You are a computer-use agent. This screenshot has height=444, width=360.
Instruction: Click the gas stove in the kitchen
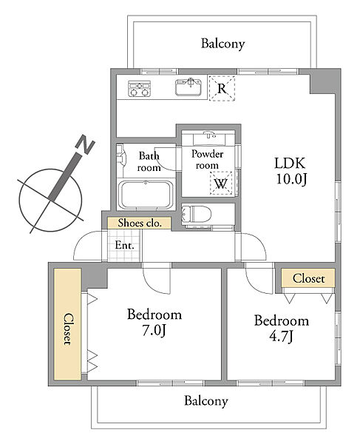(x=139, y=88)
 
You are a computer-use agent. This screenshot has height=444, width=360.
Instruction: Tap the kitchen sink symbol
(x=189, y=87)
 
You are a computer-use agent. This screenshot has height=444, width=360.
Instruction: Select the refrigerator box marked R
(x=222, y=88)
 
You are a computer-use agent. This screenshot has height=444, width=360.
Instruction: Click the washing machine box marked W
(x=221, y=184)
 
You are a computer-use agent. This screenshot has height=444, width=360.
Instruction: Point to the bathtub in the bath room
(x=146, y=195)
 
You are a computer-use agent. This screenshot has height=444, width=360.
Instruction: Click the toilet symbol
(x=196, y=214)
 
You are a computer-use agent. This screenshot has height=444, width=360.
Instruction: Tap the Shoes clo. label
(x=140, y=223)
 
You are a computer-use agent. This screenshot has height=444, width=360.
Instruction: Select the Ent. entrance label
(x=124, y=245)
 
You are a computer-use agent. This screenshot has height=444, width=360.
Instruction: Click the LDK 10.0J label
(x=291, y=171)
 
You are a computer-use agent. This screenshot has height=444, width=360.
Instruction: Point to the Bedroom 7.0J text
(x=154, y=322)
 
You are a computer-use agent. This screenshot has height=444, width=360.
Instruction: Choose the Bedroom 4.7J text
(x=282, y=328)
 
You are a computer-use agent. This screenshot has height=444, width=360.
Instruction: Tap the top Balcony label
(x=223, y=44)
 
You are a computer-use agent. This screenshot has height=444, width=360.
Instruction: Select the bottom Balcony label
(x=206, y=401)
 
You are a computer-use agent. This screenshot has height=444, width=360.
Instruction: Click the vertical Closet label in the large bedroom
(x=67, y=329)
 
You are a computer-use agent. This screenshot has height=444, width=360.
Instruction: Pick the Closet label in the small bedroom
(x=308, y=278)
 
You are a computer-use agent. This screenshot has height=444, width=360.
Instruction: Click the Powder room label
(x=207, y=159)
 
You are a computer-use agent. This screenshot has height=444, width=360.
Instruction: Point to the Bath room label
(x=149, y=161)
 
